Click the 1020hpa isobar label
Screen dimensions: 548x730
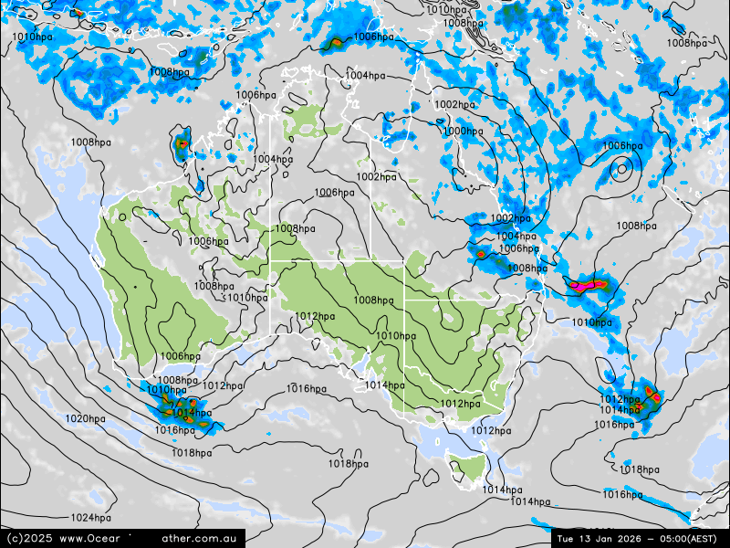click(x=85, y=419)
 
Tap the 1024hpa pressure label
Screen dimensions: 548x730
click(x=90, y=518)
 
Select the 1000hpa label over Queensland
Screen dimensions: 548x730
click(x=463, y=132)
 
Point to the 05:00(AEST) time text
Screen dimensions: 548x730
click(x=684, y=538)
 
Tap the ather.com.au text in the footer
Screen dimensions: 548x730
click(x=203, y=539)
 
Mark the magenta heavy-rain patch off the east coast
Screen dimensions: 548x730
click(x=585, y=285)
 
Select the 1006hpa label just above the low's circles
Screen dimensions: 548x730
click(x=622, y=146)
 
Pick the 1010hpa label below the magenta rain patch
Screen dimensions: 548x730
click(x=591, y=322)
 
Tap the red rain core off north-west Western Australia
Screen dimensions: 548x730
click(x=181, y=143)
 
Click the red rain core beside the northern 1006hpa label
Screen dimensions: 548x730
click(x=335, y=41)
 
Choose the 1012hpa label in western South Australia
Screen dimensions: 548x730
click(x=315, y=317)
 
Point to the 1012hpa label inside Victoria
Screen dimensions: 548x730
click(x=461, y=404)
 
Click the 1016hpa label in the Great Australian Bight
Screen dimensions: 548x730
click(x=307, y=389)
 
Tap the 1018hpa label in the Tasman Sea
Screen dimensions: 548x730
click(x=639, y=469)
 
